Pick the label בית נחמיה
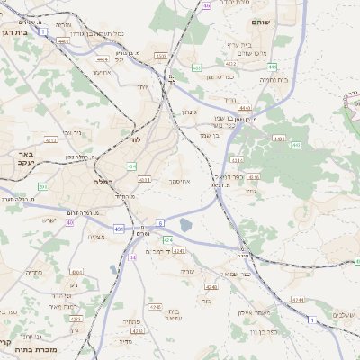coord(248,79)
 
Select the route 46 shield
coord(207,5)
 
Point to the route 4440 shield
coord(244,108)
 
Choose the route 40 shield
coord(69,209)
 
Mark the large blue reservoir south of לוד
coord(186,224)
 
